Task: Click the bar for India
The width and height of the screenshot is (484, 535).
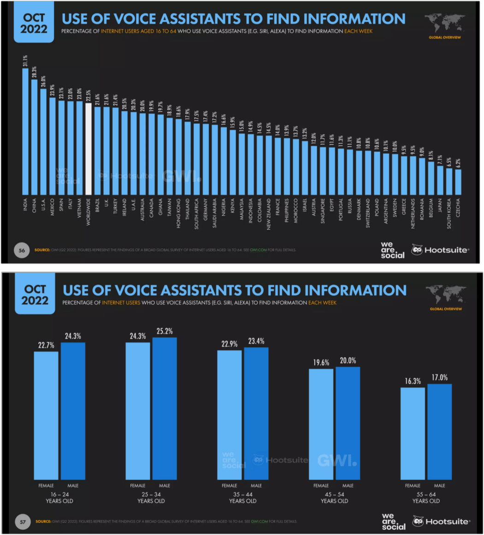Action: [x=25, y=132]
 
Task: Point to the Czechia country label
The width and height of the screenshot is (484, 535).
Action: [x=458, y=208]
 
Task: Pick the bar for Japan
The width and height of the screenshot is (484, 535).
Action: [x=440, y=180]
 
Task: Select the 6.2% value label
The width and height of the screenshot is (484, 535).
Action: [x=458, y=163]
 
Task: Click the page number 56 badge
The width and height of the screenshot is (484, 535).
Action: [x=21, y=250]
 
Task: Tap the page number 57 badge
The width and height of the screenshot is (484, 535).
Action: [x=23, y=521]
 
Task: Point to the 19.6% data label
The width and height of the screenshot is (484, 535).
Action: [x=321, y=362]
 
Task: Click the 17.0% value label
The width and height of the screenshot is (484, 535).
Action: [x=440, y=378]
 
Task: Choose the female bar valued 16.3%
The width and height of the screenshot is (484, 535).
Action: [x=413, y=433]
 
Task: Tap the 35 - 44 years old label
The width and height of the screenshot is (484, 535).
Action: [x=243, y=497]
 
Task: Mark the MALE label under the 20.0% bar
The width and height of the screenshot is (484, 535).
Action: [x=348, y=485]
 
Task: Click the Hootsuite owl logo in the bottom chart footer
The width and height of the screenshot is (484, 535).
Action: [x=418, y=522]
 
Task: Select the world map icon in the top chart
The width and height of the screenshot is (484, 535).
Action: [x=444, y=23]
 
